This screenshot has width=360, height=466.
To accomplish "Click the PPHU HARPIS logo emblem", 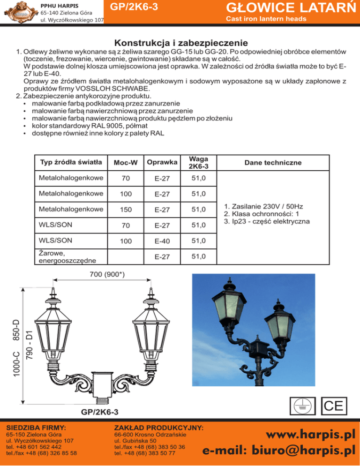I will pyautogui.click(x=19, y=12).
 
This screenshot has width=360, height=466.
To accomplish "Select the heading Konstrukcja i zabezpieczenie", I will pyautogui.click(x=180, y=42).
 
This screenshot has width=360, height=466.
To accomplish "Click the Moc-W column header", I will pyautogui.click(x=125, y=163).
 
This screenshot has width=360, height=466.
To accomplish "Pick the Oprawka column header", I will pyautogui.click(x=161, y=162).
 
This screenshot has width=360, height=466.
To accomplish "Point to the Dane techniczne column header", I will pyautogui.click(x=273, y=162).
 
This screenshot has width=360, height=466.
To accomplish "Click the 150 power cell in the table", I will pyautogui.click(x=125, y=209).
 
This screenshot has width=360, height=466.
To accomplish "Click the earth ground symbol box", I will pyautogui.click(x=303, y=406).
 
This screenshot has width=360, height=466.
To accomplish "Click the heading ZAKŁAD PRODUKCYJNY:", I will pyautogui.click(x=159, y=428).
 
